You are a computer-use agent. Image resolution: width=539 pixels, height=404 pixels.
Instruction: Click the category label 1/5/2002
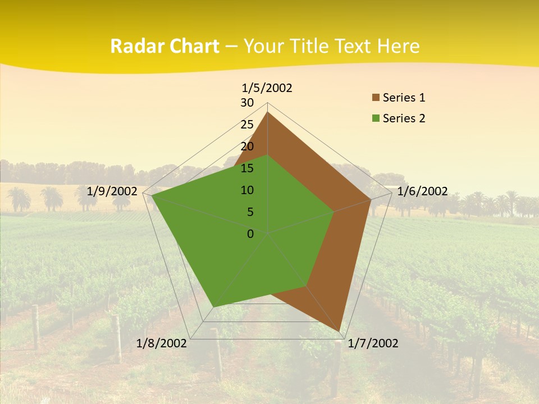click(267, 88)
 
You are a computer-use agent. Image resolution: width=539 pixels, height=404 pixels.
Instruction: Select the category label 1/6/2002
click(422, 191)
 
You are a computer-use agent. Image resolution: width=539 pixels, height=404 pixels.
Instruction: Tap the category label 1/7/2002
click(373, 343)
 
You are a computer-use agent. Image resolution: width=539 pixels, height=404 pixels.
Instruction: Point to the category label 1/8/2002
click(162, 343)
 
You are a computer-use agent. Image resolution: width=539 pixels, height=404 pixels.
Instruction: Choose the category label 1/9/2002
click(112, 191)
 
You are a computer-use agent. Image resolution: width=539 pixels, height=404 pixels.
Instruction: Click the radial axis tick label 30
click(247, 103)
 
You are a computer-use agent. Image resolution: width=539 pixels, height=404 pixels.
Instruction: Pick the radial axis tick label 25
click(247, 125)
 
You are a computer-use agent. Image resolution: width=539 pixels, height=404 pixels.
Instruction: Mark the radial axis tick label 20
click(247, 146)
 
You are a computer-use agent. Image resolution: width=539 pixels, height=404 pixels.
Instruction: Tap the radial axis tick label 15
click(247, 168)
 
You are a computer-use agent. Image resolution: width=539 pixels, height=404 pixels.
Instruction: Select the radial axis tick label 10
click(247, 190)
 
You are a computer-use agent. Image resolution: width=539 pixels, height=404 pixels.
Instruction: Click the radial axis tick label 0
click(250, 234)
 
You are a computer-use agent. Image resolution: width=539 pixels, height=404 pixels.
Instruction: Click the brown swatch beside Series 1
click(376, 98)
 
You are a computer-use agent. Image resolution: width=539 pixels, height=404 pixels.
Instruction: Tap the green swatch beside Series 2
click(376, 118)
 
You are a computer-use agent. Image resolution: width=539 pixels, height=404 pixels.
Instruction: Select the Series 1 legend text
click(404, 98)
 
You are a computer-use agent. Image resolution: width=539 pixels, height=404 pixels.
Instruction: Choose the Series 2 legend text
click(404, 118)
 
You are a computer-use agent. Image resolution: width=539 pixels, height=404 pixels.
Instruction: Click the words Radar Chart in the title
click(165, 47)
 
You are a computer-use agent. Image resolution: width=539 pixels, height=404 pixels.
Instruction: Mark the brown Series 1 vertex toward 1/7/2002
click(341, 331)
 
